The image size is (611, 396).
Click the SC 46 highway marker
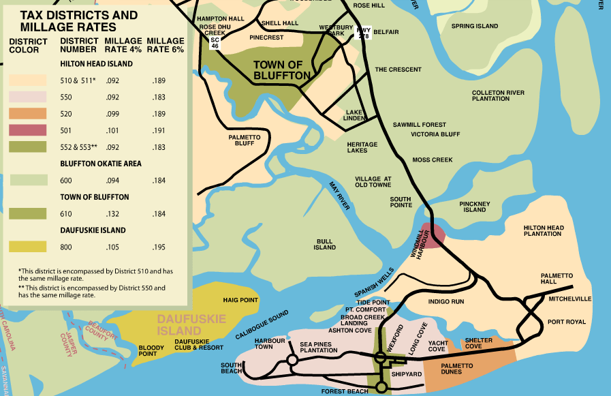pos(215,42)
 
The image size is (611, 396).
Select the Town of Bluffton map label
pos(282,70)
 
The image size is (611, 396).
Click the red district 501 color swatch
pos(28,130)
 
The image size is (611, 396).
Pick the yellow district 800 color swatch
pos(28,246)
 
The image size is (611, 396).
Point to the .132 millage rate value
pos(112,213)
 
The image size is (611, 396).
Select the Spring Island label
pos(475,26)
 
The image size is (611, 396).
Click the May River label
pos(339,196)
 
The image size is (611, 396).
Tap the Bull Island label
pos(325,244)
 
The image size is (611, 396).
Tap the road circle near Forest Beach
pos(381,387)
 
